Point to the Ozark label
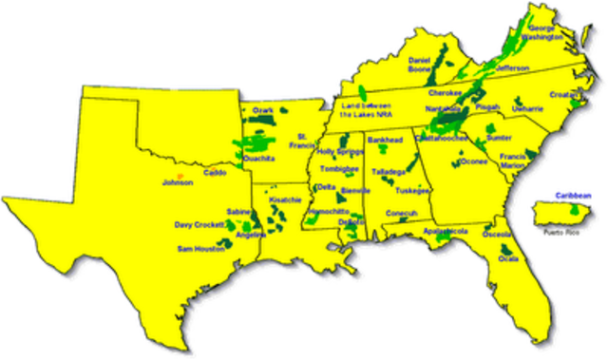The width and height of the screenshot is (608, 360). (x=262, y=111)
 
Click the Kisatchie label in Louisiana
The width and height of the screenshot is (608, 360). (x=284, y=200)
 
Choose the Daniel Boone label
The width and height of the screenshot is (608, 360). (x=420, y=65)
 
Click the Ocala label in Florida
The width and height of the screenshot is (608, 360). (x=511, y=258)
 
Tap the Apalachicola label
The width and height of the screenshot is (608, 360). (x=446, y=231)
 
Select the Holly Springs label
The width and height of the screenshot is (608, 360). (x=340, y=151)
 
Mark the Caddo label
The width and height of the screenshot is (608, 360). (x=215, y=175)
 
